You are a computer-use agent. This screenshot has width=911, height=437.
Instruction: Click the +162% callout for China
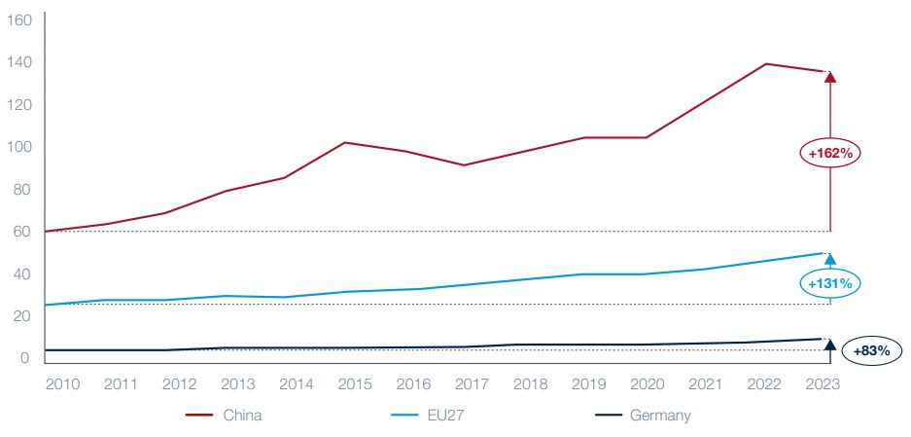pyautogui.click(x=830, y=153)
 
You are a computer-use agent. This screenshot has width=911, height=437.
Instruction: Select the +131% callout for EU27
pyautogui.click(x=830, y=283)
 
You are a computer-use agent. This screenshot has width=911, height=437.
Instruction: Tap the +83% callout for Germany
pyautogui.click(x=871, y=350)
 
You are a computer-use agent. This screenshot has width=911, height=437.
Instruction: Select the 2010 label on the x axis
pyautogui.click(x=64, y=383)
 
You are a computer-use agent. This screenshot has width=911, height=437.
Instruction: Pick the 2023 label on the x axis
pyautogui.click(x=822, y=383)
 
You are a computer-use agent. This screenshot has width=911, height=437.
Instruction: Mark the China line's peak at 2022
pyautogui.click(x=767, y=64)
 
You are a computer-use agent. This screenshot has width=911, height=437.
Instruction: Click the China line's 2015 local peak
pyautogui.click(x=346, y=143)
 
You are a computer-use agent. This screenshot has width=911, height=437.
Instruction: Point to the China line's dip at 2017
pyautogui.click(x=464, y=164)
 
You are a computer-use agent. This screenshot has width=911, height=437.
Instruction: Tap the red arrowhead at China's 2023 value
pyautogui.click(x=829, y=77)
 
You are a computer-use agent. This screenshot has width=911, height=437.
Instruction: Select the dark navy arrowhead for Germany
pyautogui.click(x=829, y=344)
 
